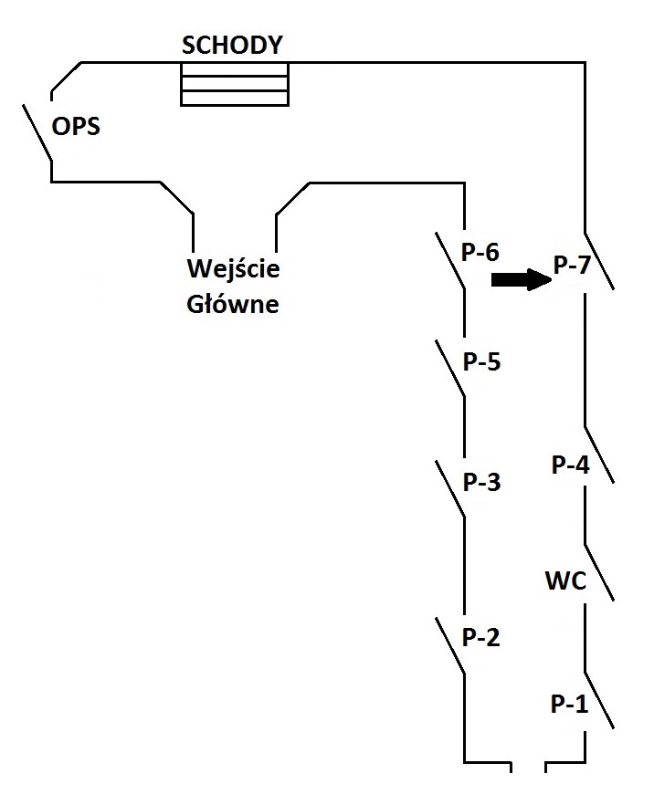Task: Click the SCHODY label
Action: point(232,46)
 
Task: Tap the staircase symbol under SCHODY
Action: point(234,84)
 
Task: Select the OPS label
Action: point(76,126)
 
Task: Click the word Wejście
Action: point(233,267)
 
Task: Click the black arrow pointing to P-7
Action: point(522,280)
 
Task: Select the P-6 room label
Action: point(480,252)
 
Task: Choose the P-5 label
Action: point(481,362)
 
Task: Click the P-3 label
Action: point(481,482)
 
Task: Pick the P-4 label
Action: point(570,465)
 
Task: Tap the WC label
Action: point(565,580)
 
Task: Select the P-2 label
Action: point(480,637)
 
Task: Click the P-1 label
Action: point(569,704)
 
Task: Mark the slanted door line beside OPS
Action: point(37,132)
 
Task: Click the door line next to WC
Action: point(599,572)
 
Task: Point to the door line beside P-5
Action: point(450,368)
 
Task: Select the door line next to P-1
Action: point(599,700)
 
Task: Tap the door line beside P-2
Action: point(450,645)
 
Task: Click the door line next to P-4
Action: point(599,455)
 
